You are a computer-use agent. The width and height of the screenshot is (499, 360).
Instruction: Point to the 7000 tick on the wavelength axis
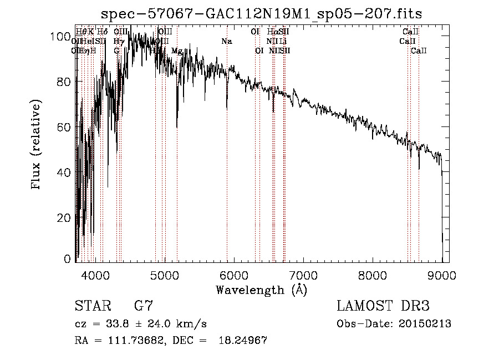click(x=303, y=275)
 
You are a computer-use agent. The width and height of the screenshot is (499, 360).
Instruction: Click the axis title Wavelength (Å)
click(x=261, y=290)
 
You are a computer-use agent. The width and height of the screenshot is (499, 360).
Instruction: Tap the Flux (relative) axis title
click(x=37, y=146)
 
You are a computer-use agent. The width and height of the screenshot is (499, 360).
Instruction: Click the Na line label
click(x=226, y=42)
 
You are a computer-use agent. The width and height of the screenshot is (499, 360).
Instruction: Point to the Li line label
click(x=283, y=42)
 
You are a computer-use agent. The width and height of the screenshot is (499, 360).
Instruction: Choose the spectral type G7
click(x=144, y=306)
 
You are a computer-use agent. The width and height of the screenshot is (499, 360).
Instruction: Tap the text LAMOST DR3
click(x=383, y=306)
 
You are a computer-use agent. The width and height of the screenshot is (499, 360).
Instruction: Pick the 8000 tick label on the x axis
click(x=373, y=275)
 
